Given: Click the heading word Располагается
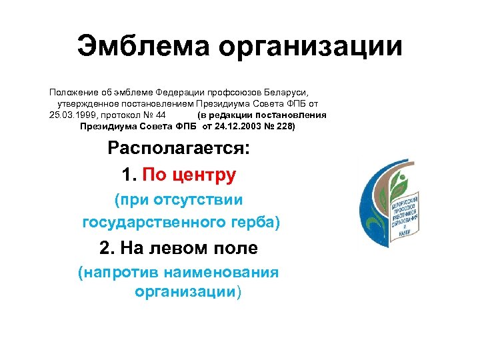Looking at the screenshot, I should coord(179,149).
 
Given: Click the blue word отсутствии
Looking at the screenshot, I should coord(198,199).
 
